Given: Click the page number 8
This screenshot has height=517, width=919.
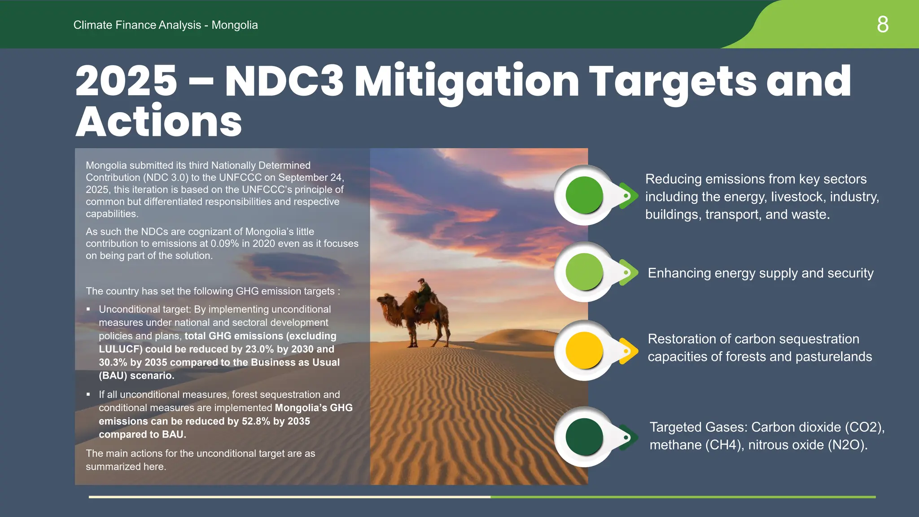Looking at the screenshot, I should point(882,24).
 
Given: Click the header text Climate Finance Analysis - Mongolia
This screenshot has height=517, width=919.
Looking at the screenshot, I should point(166,25).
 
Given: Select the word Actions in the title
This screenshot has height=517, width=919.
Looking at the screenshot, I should point(159,122).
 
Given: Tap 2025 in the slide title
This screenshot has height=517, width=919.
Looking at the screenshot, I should point(126,81).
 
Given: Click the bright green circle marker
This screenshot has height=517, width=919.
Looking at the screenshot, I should point(584,195).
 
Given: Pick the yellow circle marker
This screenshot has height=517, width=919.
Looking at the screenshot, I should point(584,351).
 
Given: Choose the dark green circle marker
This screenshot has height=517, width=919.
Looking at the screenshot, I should point(584,437).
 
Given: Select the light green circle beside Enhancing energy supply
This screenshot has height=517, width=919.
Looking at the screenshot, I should point(584,272).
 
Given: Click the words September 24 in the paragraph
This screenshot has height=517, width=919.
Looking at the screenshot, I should point(310,178).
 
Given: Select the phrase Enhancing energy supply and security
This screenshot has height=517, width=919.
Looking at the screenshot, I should point(761,273).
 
